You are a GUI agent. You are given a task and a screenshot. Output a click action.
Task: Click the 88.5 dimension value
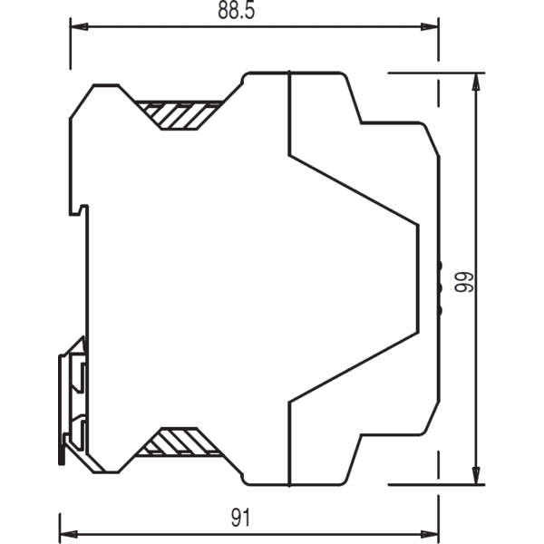click(237, 10)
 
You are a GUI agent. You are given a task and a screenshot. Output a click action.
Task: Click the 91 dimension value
click(241, 518)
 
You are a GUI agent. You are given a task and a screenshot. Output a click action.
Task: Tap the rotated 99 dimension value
click(464, 282)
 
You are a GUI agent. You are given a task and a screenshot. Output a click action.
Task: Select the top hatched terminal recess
click(179, 115)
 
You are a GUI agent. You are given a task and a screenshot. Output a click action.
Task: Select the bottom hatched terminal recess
click(179, 442)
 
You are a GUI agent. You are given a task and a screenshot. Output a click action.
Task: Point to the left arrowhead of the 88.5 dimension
click(79, 26)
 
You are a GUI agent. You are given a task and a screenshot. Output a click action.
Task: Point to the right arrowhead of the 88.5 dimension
click(430, 26)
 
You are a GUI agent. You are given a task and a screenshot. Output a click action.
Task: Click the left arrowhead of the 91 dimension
click(69, 534)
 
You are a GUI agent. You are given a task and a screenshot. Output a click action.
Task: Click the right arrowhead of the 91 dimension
click(430, 534)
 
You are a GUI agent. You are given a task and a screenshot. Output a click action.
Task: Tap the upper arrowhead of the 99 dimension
click(476, 82)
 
